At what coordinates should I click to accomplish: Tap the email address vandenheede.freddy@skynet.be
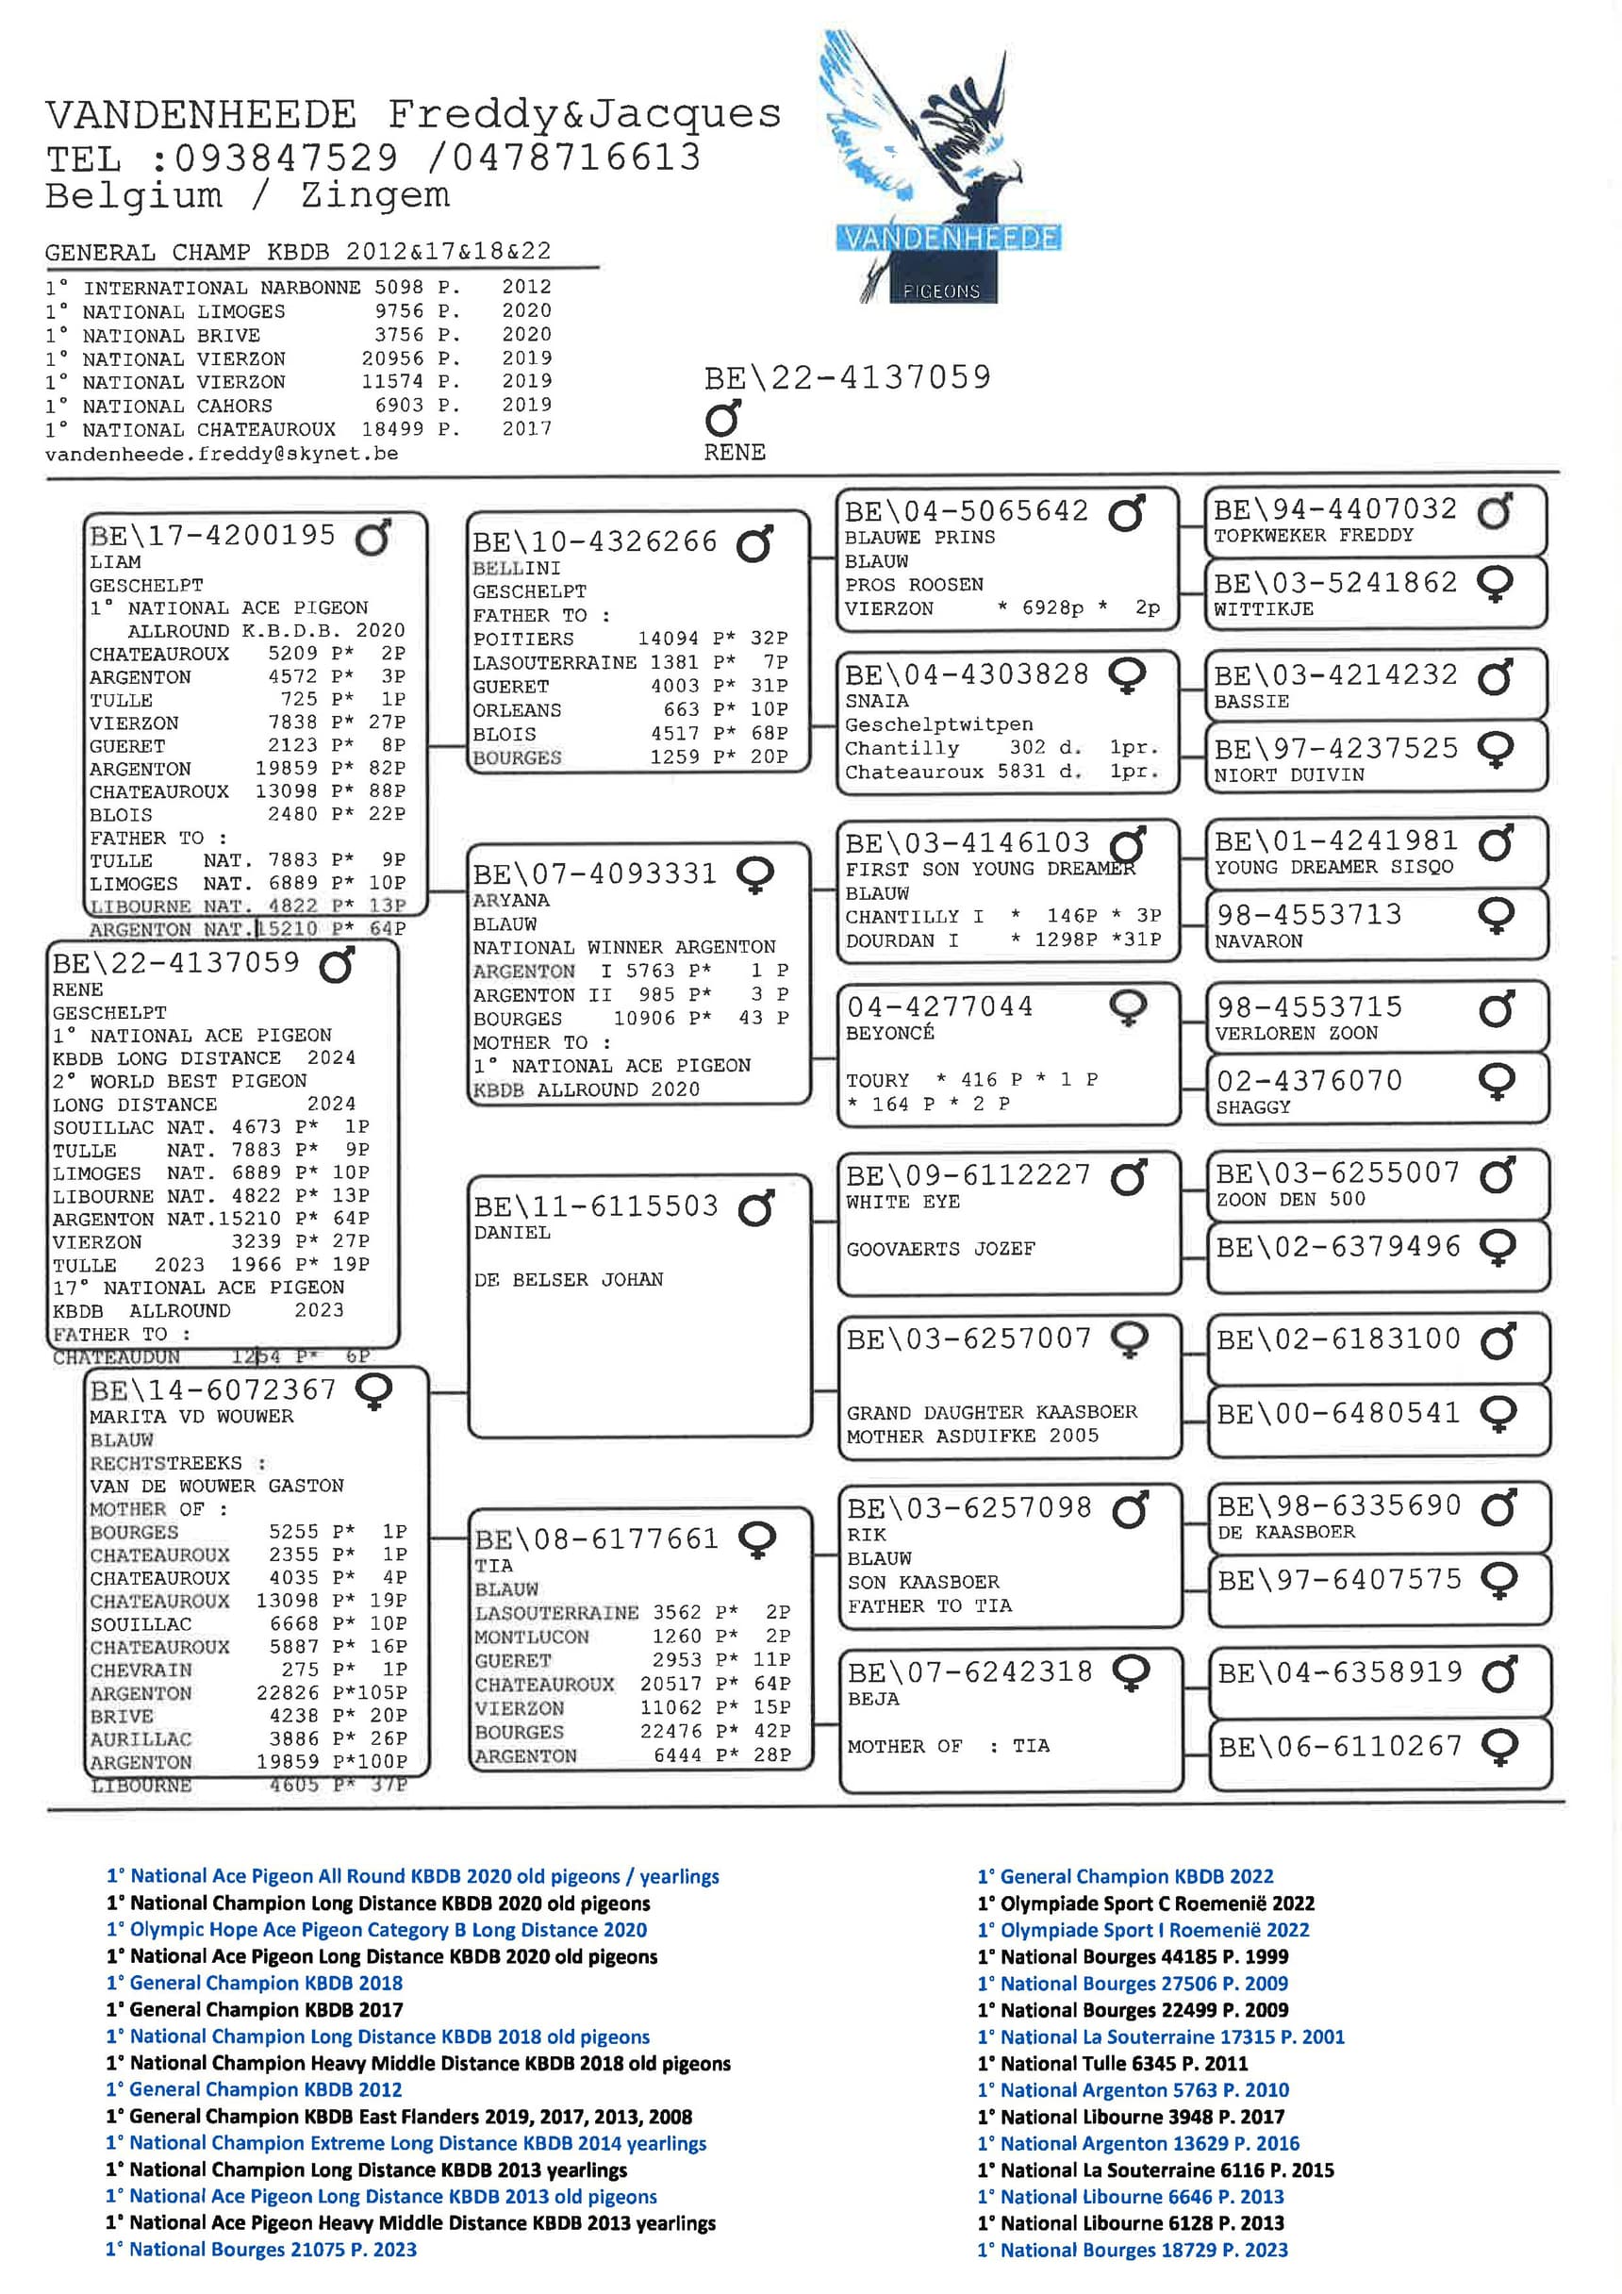(x=221, y=454)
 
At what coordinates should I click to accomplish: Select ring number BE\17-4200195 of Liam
(x=213, y=536)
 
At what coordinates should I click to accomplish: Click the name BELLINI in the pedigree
(x=517, y=568)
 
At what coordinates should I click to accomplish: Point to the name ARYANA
(x=510, y=900)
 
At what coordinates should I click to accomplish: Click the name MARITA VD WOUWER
(x=191, y=1416)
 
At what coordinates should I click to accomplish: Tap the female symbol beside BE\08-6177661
(x=757, y=1539)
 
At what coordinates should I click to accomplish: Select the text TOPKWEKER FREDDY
(x=1314, y=536)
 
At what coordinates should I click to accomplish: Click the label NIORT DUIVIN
(x=1288, y=774)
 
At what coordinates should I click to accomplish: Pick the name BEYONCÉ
(x=890, y=1033)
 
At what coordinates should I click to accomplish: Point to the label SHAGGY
(x=1252, y=1107)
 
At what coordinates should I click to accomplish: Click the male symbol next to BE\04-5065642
(x=1128, y=512)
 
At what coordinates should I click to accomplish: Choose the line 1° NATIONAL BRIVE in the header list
(x=171, y=336)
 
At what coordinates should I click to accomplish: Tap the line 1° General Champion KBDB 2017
(x=254, y=2009)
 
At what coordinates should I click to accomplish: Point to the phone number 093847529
(x=287, y=158)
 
